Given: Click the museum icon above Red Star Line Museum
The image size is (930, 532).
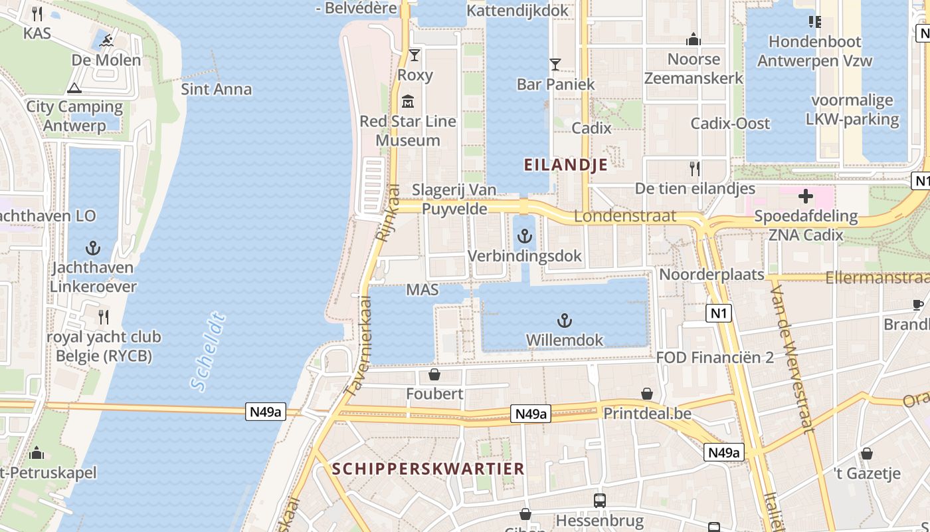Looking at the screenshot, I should click(408, 102).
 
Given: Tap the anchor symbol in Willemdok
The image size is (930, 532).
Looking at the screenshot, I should click(564, 321).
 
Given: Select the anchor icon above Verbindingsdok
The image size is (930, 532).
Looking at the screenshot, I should click(525, 236).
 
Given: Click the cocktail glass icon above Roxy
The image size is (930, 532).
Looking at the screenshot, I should click(415, 55).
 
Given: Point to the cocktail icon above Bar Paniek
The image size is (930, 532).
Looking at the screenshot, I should click(555, 65).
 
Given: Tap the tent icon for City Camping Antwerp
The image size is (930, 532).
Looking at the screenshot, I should click(74, 88).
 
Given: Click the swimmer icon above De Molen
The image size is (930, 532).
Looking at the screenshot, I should click(106, 41).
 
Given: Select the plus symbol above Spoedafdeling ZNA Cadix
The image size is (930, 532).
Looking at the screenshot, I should click(806, 196).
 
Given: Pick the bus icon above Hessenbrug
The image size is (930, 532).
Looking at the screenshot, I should click(600, 500).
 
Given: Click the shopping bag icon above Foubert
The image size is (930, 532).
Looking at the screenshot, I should click(434, 374).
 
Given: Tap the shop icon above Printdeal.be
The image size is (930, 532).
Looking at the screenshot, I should click(647, 394).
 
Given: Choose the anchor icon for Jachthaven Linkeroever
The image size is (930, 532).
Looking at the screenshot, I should click(93, 248).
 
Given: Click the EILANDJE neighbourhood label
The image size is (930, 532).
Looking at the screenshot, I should click(566, 164).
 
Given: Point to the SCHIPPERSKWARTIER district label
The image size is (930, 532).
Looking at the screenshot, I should click(428, 468).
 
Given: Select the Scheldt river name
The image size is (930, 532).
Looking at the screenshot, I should click(208, 350).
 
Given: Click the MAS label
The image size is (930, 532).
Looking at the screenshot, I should click(422, 290).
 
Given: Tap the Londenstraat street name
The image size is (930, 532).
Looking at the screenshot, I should click(625, 216).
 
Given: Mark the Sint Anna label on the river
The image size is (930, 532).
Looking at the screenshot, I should click(217, 89).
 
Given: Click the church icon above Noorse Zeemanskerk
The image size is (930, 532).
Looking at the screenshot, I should click(694, 40).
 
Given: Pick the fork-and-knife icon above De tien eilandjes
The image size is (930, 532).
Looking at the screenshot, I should click(695, 169).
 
